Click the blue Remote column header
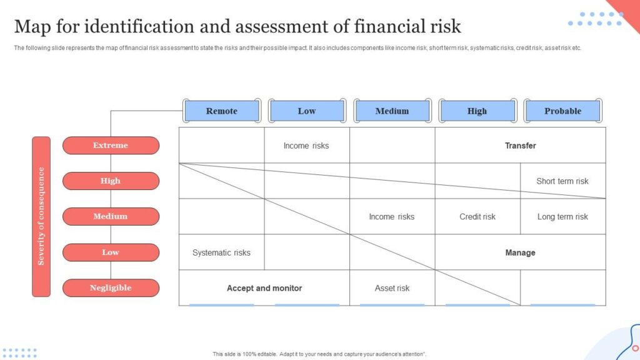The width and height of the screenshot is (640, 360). click(x=222, y=111)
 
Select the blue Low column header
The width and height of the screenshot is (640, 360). click(x=307, y=111)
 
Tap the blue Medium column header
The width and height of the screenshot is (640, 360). click(x=392, y=111)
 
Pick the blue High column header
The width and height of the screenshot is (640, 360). click(x=477, y=111)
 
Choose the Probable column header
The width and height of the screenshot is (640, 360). click(x=563, y=111)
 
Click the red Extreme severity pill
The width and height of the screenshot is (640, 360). click(x=111, y=145)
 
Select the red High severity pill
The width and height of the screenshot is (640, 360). click(x=111, y=181)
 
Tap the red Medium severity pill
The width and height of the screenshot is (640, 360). click(x=111, y=216)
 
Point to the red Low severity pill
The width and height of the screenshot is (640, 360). click(x=111, y=252)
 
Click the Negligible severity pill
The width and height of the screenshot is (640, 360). click(x=111, y=287)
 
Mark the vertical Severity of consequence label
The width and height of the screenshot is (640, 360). click(x=41, y=216)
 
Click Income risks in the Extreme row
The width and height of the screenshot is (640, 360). click(x=306, y=146)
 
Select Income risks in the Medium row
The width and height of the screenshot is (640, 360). click(x=391, y=217)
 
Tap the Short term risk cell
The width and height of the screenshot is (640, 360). click(x=562, y=181)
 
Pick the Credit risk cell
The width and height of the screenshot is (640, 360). click(x=477, y=217)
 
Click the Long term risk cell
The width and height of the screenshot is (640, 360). click(x=562, y=217)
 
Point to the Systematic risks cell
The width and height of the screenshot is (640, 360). click(x=221, y=252)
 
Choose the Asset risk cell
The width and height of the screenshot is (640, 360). click(x=392, y=288)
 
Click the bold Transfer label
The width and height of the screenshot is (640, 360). click(x=521, y=146)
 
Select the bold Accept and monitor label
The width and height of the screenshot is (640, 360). click(x=264, y=288)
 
